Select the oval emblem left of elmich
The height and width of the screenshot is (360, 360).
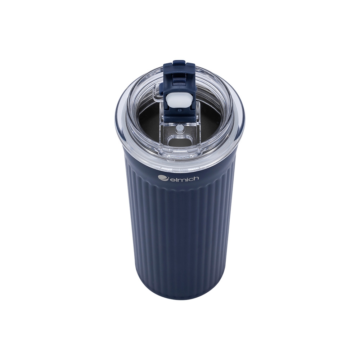pyautogui.click(x=163, y=177)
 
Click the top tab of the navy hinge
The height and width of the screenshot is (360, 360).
pyautogui.click(x=179, y=64)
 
